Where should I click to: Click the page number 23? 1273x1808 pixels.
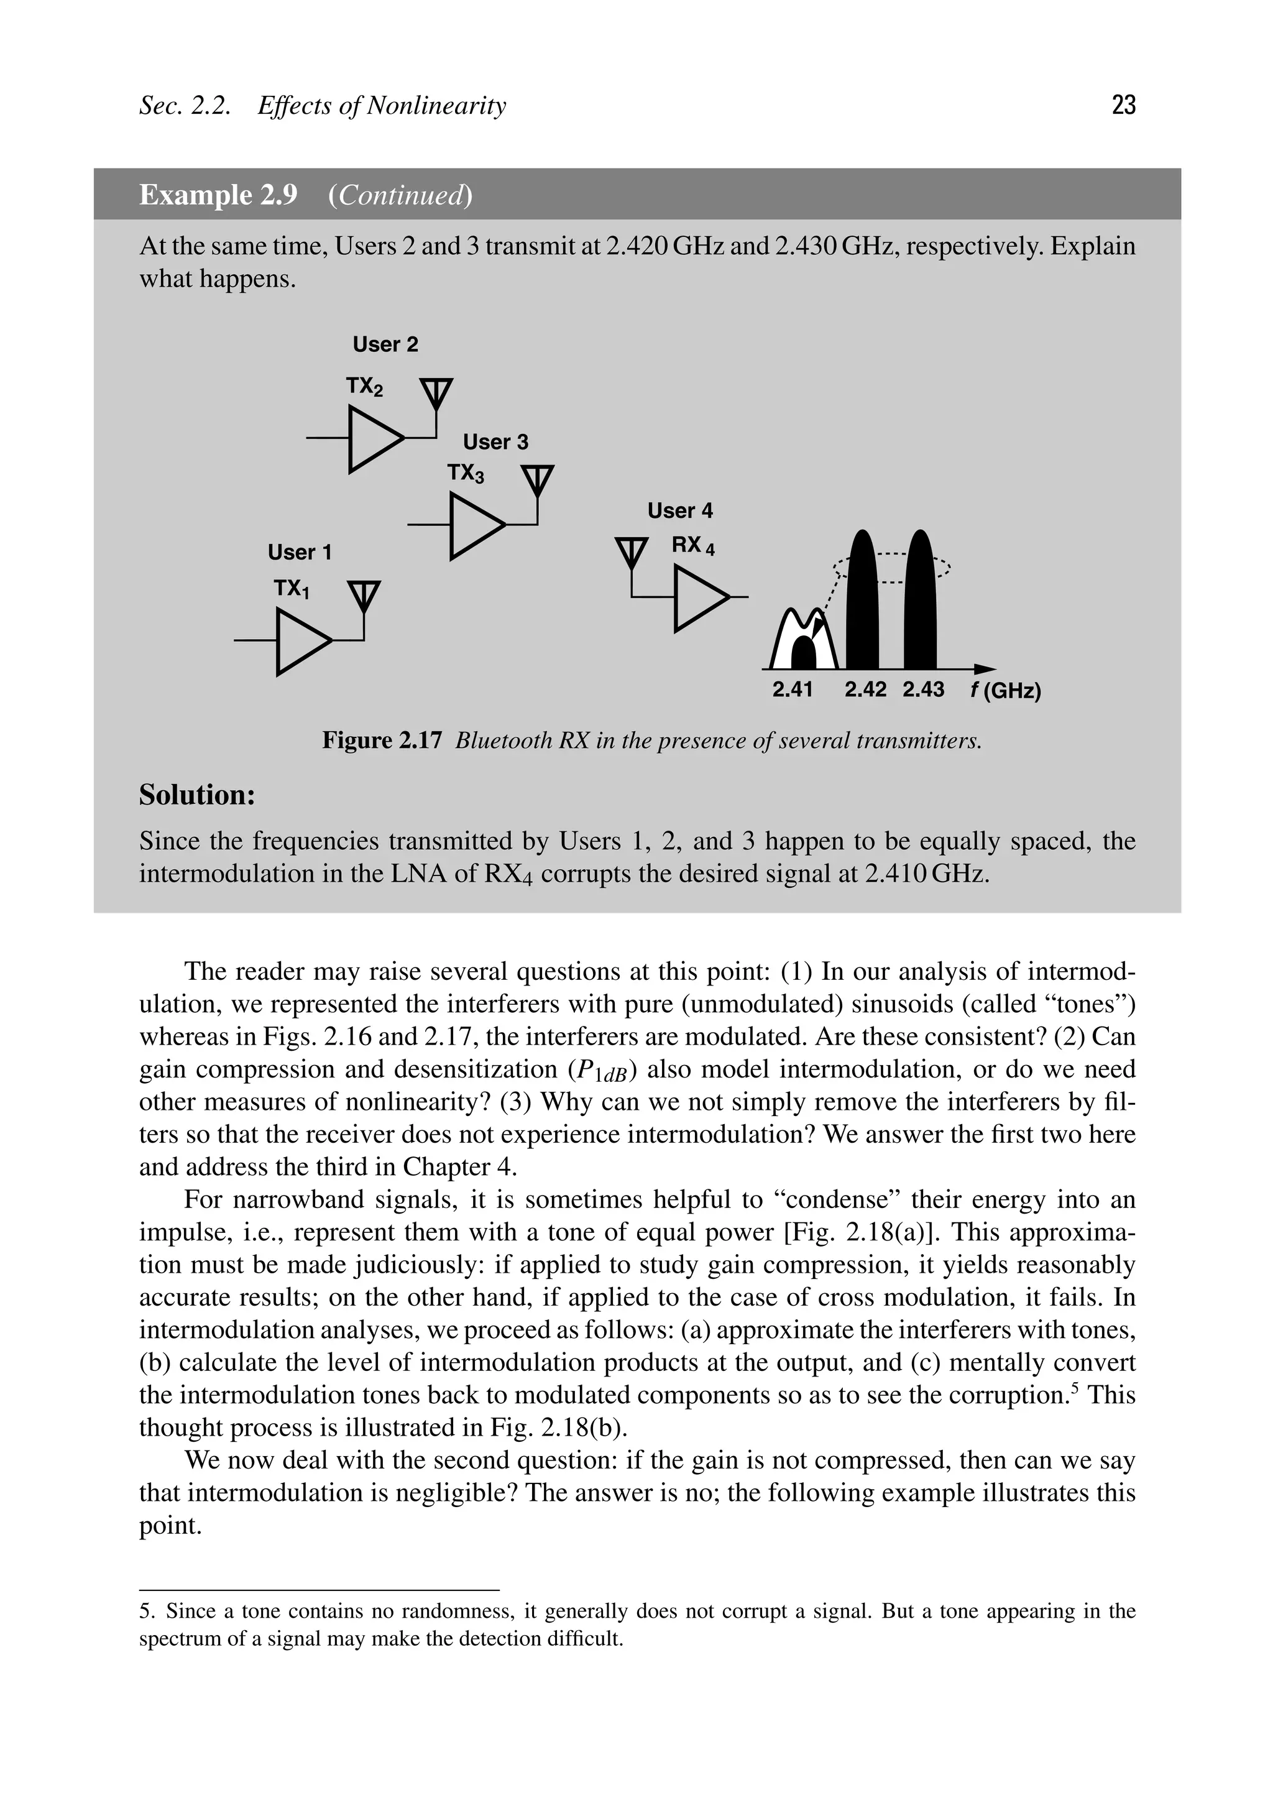pos(1123,104)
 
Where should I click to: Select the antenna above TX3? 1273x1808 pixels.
pos(538,481)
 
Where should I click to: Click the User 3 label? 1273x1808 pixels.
pos(495,442)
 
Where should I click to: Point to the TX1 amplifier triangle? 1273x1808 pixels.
pos(301,642)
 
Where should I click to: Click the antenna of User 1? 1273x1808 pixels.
pos(363,596)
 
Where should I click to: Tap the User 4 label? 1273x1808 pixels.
pos(679,511)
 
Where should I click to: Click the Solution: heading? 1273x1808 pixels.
pos(198,795)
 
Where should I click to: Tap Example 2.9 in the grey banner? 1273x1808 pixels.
pos(218,195)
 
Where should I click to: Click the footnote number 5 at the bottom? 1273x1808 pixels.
pos(145,1611)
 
